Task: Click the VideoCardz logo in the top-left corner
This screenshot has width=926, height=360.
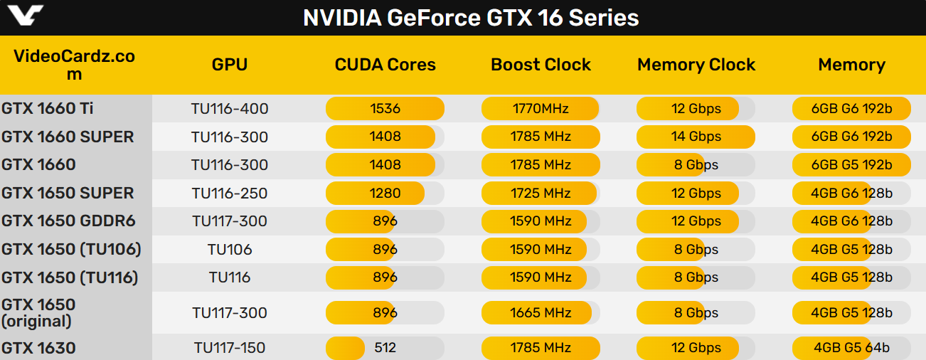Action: click(23, 16)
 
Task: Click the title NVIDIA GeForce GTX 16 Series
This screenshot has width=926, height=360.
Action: click(471, 17)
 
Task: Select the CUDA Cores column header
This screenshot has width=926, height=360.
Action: click(385, 65)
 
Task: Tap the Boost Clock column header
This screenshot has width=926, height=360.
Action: click(541, 65)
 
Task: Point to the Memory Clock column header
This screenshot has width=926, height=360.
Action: click(696, 65)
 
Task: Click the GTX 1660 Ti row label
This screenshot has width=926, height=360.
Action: click(48, 108)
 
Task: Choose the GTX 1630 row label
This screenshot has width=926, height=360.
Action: click(38, 348)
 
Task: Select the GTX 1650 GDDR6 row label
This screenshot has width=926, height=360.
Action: click(68, 221)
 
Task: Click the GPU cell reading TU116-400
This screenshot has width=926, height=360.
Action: click(230, 109)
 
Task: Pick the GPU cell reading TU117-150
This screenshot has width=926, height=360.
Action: click(230, 348)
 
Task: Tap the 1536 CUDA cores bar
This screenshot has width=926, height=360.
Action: click(385, 109)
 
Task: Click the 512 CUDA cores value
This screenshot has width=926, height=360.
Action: click(385, 348)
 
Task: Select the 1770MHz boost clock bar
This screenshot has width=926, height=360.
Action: click(541, 109)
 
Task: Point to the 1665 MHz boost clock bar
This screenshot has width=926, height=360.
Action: click(541, 312)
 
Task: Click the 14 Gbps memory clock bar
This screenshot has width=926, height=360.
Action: click(696, 137)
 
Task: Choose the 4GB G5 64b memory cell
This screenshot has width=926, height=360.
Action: click(851, 348)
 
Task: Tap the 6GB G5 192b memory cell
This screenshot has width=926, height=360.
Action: click(851, 165)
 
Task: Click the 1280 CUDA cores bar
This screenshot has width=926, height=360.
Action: click(385, 193)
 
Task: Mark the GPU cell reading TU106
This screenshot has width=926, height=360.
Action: click(230, 250)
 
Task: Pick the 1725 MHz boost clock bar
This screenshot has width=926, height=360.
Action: click(541, 193)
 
